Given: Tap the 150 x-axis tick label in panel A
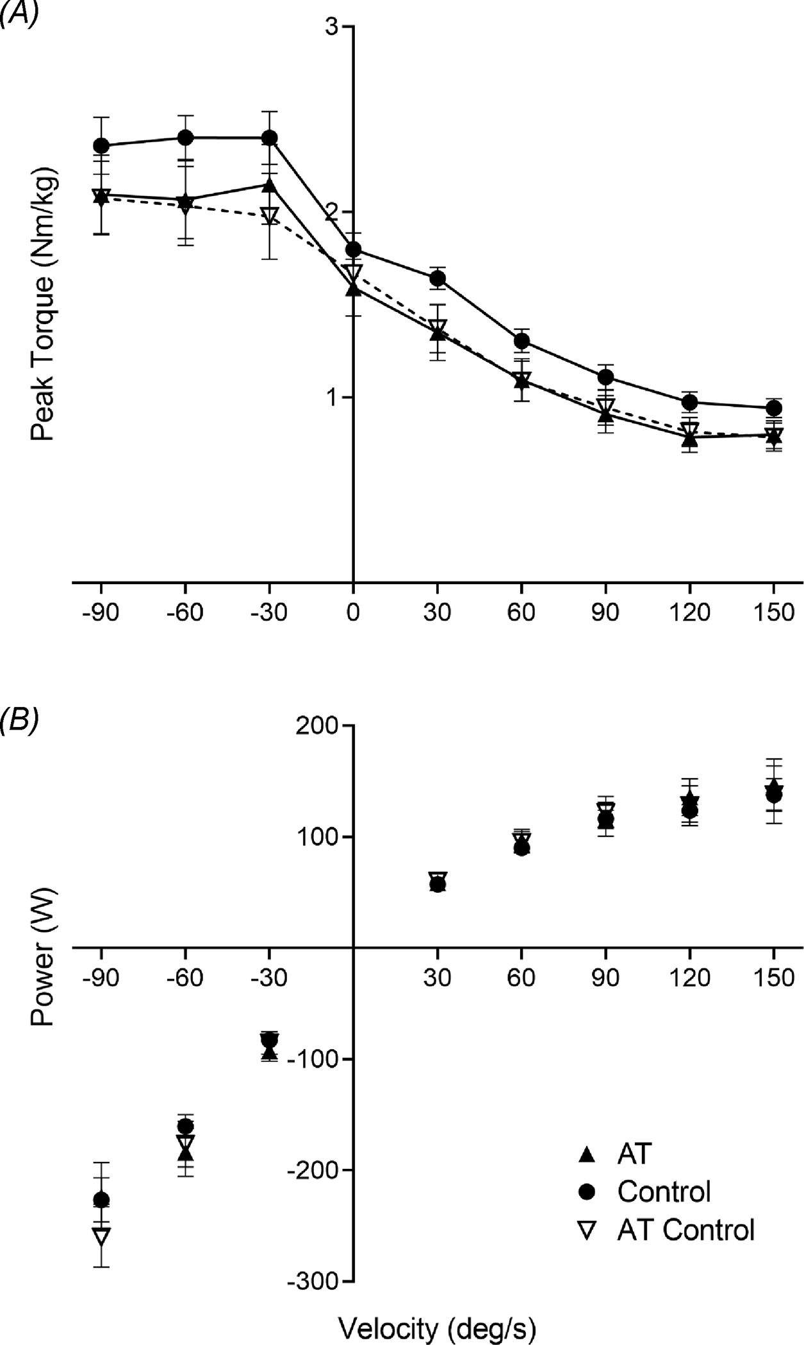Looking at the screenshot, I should point(774,612).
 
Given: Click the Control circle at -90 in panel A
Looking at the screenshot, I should point(101,145).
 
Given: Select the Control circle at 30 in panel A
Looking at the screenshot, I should point(438,278).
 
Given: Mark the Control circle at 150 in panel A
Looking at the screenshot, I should point(774,408).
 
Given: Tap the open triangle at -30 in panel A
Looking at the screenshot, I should point(270,216).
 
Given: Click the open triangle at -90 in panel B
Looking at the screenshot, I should point(101,1235).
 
